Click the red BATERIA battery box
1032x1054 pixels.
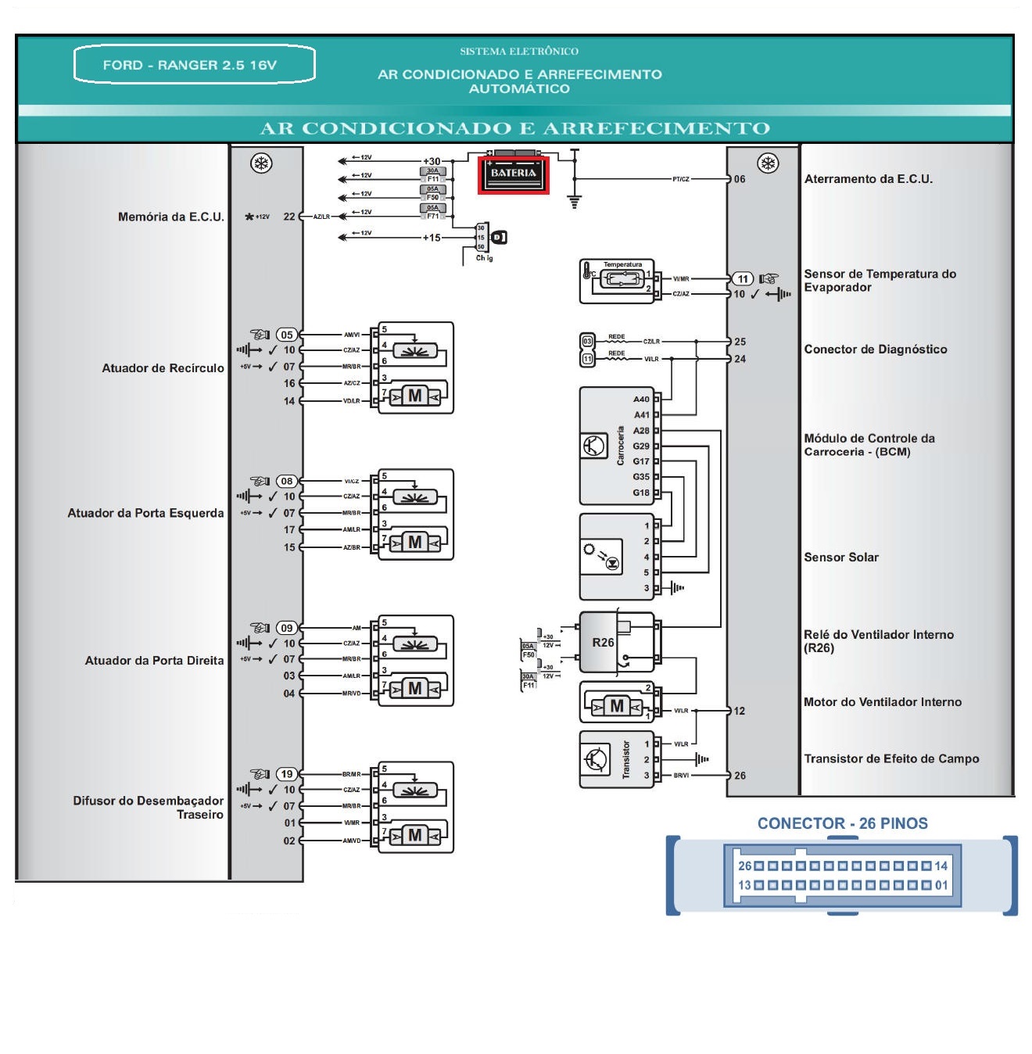click(514, 174)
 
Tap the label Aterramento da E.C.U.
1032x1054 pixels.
click(868, 179)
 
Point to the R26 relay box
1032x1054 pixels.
click(603, 643)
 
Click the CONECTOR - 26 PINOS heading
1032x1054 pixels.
click(842, 823)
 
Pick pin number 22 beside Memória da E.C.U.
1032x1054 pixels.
click(289, 217)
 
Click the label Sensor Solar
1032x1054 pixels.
click(841, 557)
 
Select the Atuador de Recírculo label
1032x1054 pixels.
click(163, 368)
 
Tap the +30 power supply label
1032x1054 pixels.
click(432, 161)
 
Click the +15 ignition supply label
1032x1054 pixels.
click(432, 238)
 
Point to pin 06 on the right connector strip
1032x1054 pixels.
click(740, 179)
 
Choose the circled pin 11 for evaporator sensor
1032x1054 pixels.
click(742, 279)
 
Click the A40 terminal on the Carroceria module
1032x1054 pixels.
click(641, 400)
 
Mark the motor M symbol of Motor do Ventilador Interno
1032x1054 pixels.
click(617, 707)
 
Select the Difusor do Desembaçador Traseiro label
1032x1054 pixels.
click(149, 808)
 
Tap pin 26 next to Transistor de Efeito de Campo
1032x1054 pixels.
click(740, 776)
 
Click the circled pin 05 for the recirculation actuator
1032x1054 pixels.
click(287, 335)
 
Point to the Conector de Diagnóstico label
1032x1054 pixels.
click(875, 350)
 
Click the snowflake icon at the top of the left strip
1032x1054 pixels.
click(260, 163)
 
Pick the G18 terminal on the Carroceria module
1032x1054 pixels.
click(641, 493)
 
